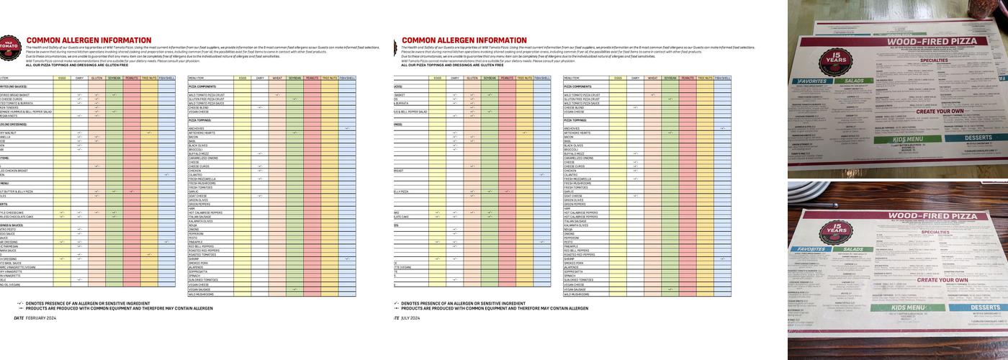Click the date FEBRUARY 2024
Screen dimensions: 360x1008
tap(40, 318)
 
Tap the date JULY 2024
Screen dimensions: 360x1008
tap(410, 318)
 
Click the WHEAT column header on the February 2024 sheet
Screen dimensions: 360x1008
tap(276, 78)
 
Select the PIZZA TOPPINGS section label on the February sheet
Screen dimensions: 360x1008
tap(202, 120)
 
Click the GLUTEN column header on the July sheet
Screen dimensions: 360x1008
tap(472, 78)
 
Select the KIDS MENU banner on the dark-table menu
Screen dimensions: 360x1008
tap(897, 308)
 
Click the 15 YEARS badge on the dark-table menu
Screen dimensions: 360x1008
tap(836, 231)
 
